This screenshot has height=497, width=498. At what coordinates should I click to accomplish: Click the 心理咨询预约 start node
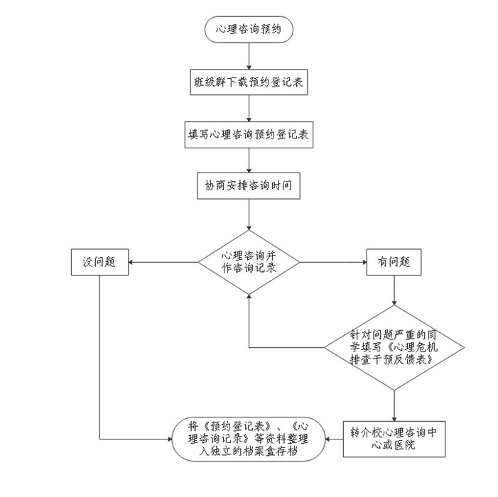249,29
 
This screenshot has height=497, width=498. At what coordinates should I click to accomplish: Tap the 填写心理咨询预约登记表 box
249,133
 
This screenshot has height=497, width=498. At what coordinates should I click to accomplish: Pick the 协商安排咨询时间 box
249,185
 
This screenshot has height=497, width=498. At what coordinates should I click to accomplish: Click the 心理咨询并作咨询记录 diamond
249,262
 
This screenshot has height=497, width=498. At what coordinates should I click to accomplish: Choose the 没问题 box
99,262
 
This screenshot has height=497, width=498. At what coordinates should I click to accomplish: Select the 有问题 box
394,262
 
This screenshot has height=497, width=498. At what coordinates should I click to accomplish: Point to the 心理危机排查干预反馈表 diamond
394,347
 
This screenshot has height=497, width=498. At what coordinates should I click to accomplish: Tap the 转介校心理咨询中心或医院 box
394,438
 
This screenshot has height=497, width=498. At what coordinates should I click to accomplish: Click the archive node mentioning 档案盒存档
249,438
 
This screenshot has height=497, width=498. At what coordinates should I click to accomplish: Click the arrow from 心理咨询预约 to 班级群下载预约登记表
249,55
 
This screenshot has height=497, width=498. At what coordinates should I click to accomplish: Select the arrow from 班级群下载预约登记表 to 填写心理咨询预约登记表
249,107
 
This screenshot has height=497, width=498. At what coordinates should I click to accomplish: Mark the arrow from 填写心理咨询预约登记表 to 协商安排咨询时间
249,160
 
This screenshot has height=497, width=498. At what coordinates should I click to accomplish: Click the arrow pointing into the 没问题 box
163,262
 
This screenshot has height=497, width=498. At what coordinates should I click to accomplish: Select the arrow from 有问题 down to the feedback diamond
394,290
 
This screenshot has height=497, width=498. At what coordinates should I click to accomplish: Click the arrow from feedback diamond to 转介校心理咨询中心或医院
394,405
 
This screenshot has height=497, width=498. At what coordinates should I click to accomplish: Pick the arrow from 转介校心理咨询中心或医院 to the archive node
335,438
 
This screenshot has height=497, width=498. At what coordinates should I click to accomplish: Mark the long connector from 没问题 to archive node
99,355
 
